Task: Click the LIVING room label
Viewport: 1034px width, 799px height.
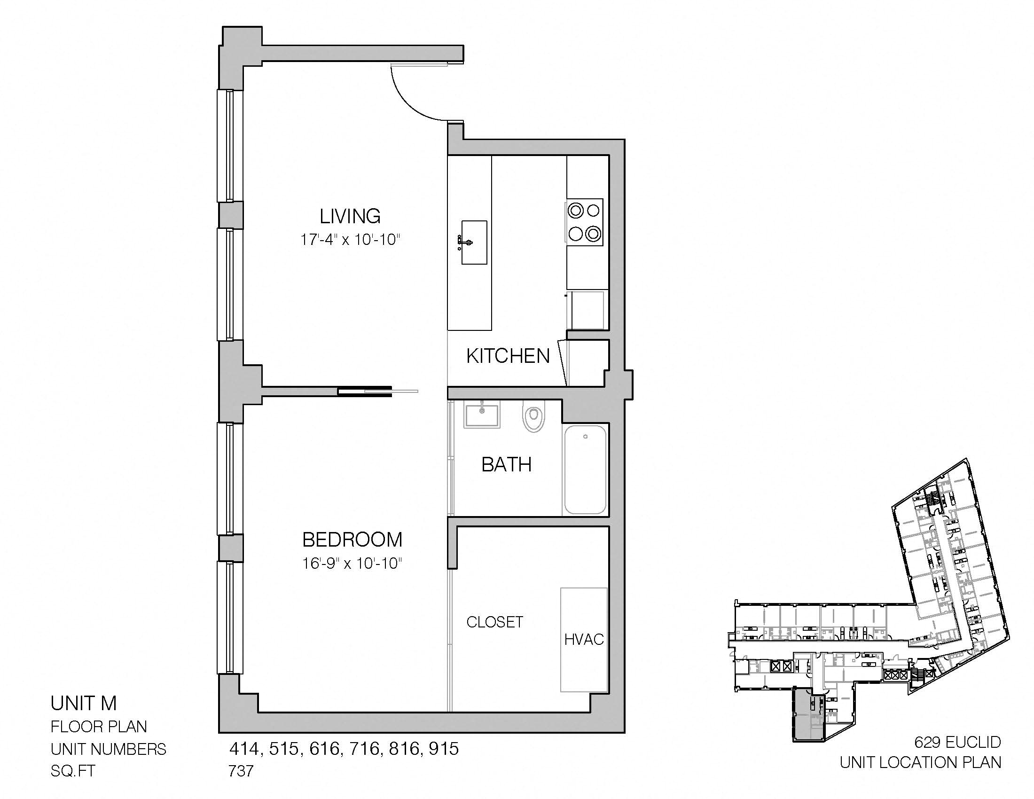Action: click(x=350, y=216)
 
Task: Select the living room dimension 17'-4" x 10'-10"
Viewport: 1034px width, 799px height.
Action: click(x=350, y=240)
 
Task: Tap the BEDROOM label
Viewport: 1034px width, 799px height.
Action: click(x=352, y=540)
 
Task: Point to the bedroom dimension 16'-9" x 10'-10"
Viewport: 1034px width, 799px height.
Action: click(x=352, y=564)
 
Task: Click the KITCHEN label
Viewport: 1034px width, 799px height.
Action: click(x=508, y=356)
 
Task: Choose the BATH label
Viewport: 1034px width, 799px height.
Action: click(x=507, y=464)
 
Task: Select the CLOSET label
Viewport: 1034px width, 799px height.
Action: click(x=495, y=622)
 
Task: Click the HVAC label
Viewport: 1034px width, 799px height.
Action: click(x=584, y=640)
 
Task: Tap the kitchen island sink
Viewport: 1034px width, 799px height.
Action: click(x=473, y=242)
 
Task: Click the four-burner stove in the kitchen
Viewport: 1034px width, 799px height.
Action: click(x=585, y=222)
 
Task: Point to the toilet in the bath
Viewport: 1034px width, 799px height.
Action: click(x=533, y=416)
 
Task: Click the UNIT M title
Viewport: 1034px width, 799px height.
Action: click(x=84, y=704)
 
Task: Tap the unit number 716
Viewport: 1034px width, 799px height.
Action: click(x=365, y=748)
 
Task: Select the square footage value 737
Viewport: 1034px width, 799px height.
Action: click(x=241, y=771)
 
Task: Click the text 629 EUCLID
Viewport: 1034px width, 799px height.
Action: click(x=958, y=742)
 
